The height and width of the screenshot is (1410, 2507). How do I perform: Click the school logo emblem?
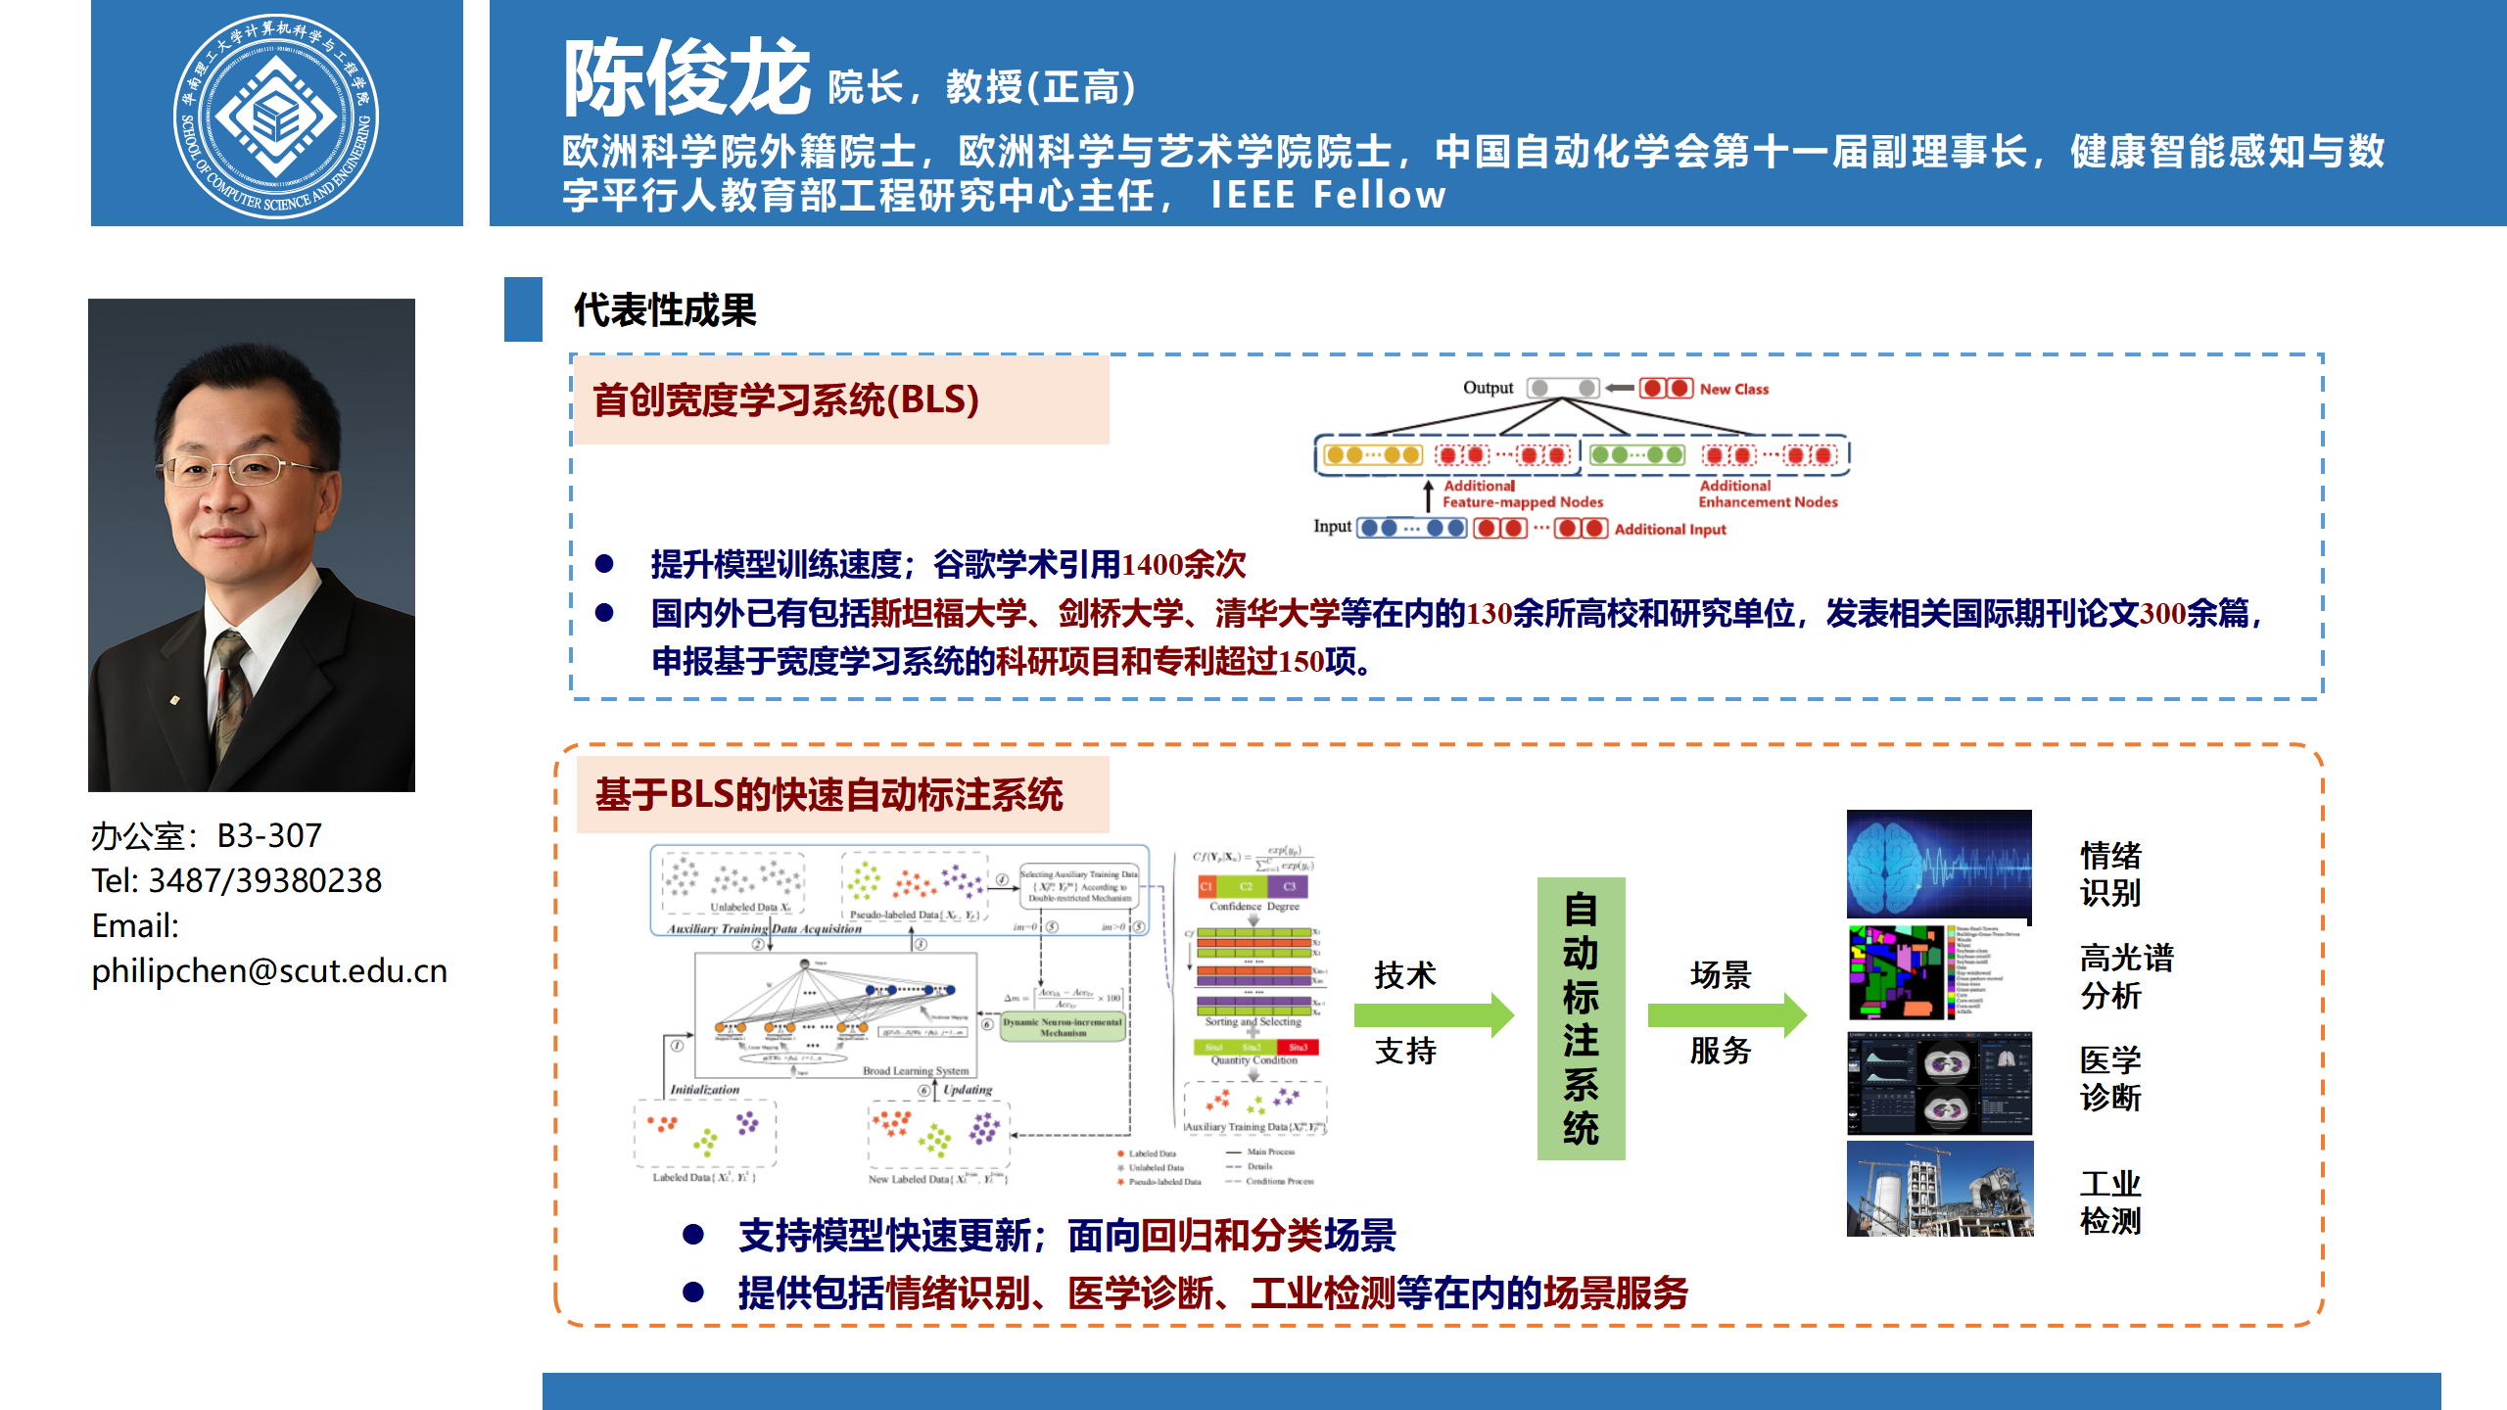click(x=276, y=116)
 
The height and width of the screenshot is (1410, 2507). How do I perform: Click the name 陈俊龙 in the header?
click(x=686, y=78)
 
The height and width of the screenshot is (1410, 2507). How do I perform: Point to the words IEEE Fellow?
click(x=1328, y=195)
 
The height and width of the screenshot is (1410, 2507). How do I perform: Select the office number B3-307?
click(x=269, y=835)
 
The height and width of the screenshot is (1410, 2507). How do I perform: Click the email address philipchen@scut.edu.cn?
click(x=269, y=970)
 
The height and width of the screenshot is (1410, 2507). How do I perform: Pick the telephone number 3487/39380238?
click(x=264, y=880)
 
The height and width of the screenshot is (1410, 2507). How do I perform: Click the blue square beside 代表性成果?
click(x=523, y=309)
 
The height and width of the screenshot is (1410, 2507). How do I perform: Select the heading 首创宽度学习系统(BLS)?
click(x=785, y=399)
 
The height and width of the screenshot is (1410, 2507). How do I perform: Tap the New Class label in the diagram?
click(x=1733, y=389)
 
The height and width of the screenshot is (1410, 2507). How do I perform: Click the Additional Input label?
click(x=1670, y=529)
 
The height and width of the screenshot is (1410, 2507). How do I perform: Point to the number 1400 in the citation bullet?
click(x=1152, y=565)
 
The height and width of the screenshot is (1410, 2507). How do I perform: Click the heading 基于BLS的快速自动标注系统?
click(x=828, y=794)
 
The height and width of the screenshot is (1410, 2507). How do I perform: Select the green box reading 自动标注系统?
click(x=1581, y=1018)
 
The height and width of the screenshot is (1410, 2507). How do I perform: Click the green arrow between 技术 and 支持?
click(x=1433, y=1014)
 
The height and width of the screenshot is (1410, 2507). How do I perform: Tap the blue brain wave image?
click(x=1938, y=864)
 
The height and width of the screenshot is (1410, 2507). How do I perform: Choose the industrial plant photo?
click(x=1939, y=1189)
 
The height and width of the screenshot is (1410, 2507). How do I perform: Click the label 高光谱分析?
click(x=2125, y=976)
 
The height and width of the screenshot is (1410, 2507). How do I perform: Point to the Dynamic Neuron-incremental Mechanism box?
click(x=1063, y=1027)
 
